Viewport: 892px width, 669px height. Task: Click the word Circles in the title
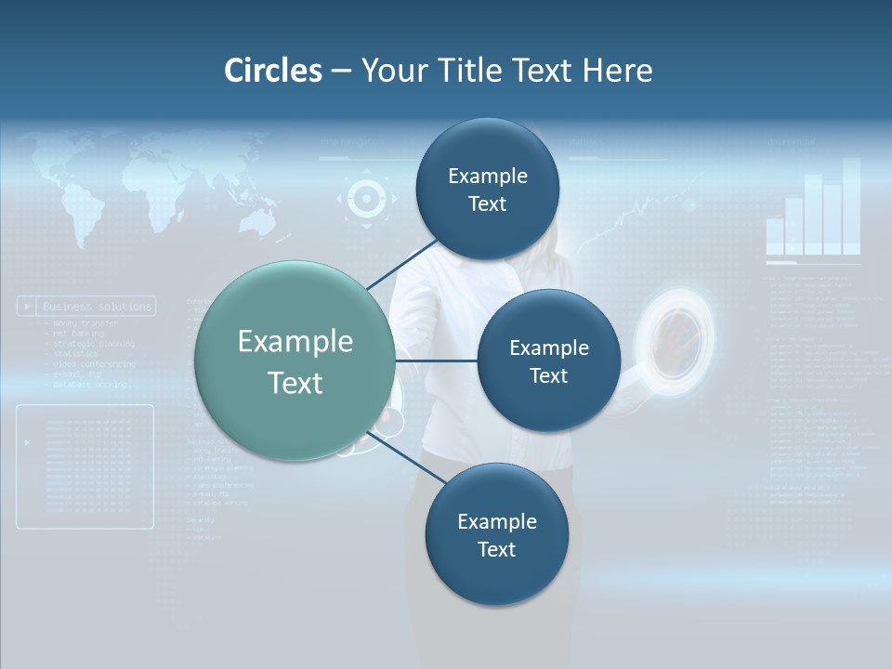coord(273,71)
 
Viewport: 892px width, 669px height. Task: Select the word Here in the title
coord(617,71)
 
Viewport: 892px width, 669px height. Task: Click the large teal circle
coord(295,361)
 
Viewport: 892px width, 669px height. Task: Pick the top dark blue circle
coord(488,189)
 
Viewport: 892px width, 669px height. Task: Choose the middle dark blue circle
coord(548,361)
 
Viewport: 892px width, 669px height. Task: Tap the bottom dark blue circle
coord(496,534)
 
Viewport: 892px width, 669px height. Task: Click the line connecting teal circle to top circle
coord(403,264)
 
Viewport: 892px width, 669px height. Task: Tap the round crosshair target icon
coord(366,198)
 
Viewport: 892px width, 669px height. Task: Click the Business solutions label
coord(97,306)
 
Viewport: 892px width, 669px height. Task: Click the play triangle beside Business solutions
coord(28,306)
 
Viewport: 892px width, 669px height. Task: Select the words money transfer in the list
coord(81,322)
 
